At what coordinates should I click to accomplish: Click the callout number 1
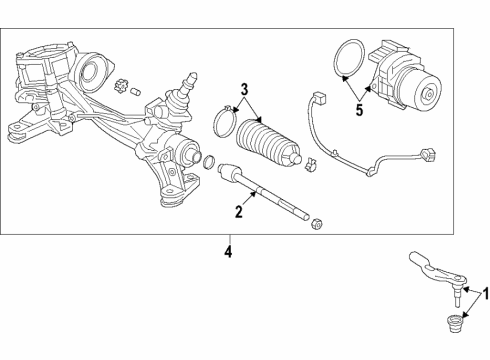coord(486,294)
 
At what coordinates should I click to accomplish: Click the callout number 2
coord(239,212)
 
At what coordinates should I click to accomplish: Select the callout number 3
coord(244,89)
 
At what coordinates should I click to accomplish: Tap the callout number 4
coord(228,252)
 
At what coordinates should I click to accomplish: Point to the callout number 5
coord(359,110)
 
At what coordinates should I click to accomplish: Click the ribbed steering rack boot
coord(268,142)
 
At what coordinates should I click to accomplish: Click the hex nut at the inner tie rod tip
coord(315,224)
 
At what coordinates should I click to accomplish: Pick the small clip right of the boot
coord(311,164)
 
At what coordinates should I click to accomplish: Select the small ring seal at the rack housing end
coord(209,162)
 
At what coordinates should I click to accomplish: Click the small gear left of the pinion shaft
coord(120,86)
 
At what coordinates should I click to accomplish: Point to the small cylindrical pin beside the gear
coord(135,91)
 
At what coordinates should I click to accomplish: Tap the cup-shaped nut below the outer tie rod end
coord(453,323)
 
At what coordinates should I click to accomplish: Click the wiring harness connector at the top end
coord(319,98)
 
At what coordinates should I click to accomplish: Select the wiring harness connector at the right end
coord(428,155)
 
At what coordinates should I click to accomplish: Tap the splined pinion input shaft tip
coord(191,79)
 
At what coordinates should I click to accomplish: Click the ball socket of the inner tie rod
coord(228,172)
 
